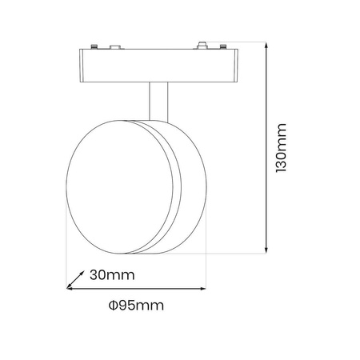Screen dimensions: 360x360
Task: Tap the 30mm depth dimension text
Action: click(111, 275)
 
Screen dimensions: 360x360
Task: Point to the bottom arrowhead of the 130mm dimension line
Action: click(265, 250)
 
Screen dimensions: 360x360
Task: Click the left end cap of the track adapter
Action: click(84, 66)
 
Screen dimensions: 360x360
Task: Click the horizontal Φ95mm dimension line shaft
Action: click(136, 289)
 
